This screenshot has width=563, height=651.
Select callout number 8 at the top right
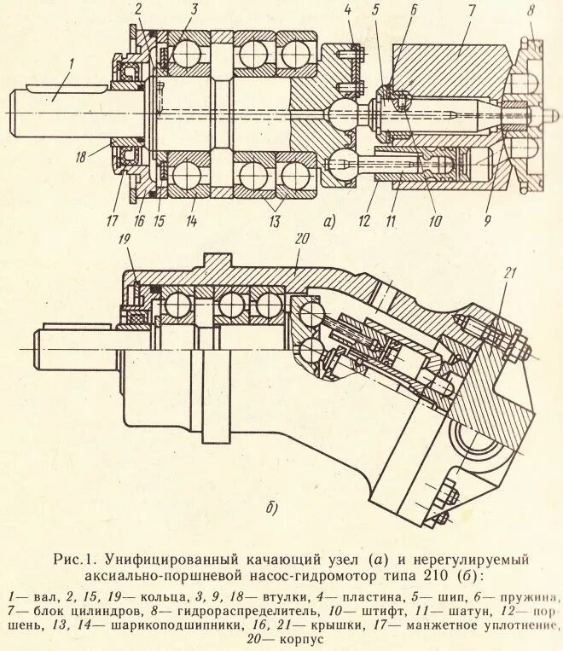point(531,13)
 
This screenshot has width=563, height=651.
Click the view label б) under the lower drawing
point(272,509)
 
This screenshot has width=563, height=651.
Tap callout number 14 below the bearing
point(190,222)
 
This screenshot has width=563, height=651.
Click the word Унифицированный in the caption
point(165,561)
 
